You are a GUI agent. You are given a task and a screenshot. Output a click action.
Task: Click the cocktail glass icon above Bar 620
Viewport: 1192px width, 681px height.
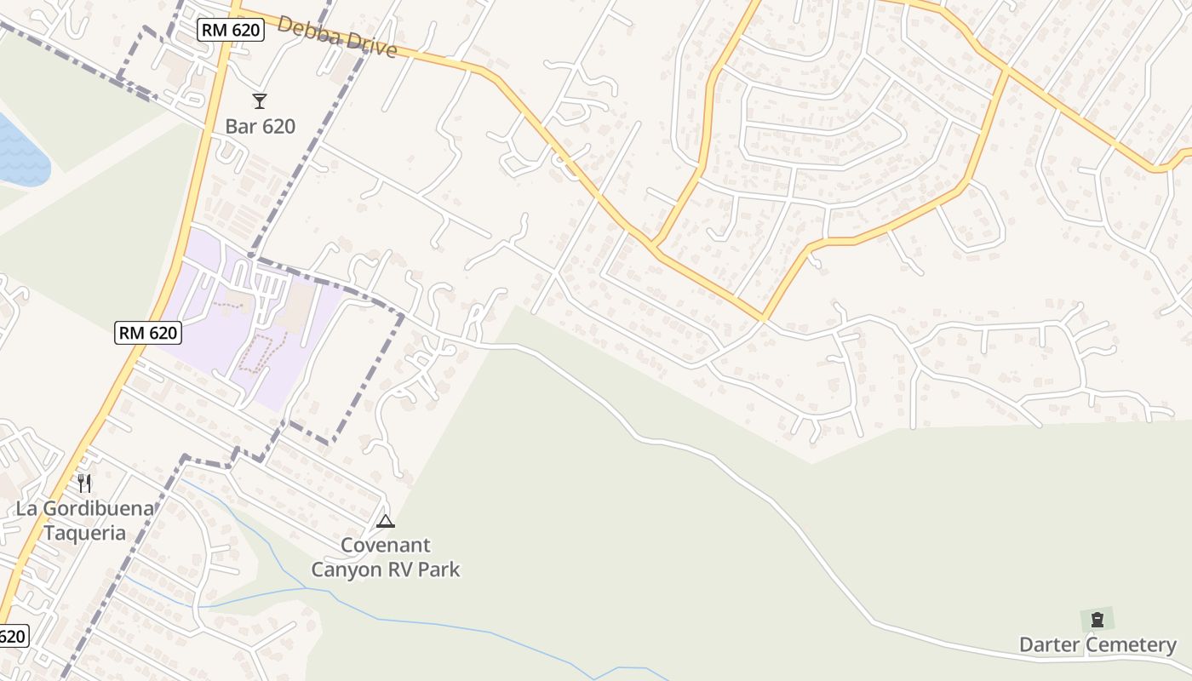tap(260, 101)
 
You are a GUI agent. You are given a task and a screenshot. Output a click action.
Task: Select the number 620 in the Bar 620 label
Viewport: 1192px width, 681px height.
tap(277, 127)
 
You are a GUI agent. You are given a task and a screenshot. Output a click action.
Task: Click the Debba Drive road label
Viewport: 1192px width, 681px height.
tap(337, 37)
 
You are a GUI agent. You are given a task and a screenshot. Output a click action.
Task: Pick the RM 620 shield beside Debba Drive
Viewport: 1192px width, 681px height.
tap(231, 31)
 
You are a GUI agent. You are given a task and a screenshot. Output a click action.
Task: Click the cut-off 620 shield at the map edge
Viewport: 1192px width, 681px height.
tap(13, 636)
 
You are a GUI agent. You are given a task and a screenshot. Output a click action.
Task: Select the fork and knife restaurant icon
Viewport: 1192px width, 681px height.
tap(84, 484)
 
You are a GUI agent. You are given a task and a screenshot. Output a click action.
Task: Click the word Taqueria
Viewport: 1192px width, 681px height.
tap(84, 534)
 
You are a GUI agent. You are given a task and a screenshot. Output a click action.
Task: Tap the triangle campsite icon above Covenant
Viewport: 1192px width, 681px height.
tap(386, 521)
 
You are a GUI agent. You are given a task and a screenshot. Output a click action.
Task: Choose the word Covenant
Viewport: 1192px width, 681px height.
tap(386, 546)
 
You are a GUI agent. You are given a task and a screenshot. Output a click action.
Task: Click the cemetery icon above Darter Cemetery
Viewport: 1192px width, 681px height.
tap(1097, 620)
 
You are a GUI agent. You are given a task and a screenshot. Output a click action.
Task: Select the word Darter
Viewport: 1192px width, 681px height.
tap(1050, 645)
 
